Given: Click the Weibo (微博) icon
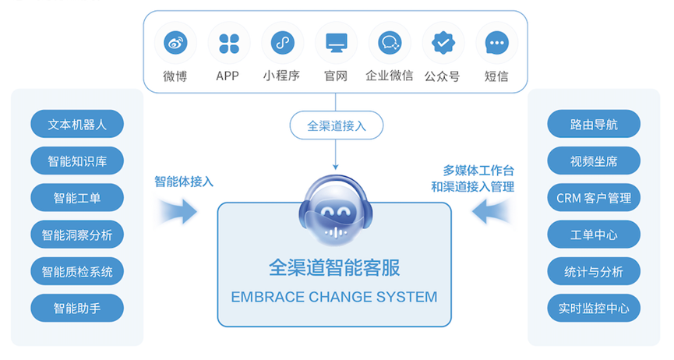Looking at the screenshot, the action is (x=175, y=43).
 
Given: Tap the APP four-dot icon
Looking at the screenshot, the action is (x=228, y=43).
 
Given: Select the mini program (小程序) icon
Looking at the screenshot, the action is (x=282, y=43).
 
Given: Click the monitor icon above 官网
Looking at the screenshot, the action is (x=336, y=43).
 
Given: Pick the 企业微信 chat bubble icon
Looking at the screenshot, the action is (x=390, y=43).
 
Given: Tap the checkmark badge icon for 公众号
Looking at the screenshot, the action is (x=443, y=43).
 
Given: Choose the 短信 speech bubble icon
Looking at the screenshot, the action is (x=497, y=43).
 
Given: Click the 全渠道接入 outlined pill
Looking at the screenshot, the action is (x=337, y=125).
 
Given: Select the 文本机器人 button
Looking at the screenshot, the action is (x=77, y=124).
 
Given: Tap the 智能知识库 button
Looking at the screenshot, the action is (x=77, y=161).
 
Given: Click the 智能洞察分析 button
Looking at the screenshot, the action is (x=77, y=235).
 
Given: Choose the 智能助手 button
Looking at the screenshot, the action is (x=77, y=308).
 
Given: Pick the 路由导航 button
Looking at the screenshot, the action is (x=594, y=124).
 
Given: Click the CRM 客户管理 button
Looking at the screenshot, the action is (x=594, y=198).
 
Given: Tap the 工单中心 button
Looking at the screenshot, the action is (x=594, y=235).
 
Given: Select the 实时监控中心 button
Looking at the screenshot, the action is (x=594, y=308).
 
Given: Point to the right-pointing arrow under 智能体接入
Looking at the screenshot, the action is (x=177, y=211).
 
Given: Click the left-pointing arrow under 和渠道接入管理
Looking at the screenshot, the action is (x=492, y=211).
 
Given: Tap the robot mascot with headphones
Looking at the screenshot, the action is (x=336, y=210).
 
